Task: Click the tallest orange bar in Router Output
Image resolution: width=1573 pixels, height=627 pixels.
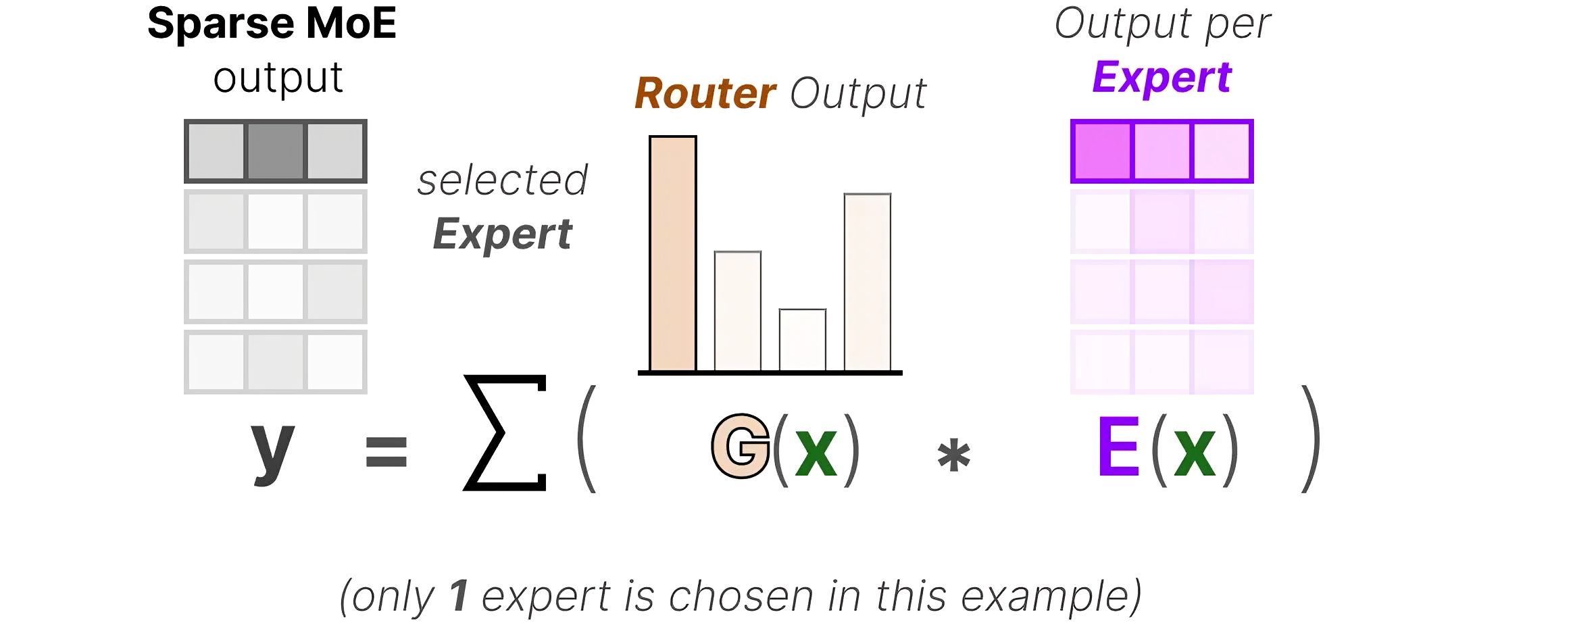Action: click(x=672, y=253)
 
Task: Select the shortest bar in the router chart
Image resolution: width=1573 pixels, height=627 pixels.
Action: click(x=802, y=340)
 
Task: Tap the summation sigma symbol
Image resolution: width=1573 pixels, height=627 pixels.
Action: click(x=505, y=432)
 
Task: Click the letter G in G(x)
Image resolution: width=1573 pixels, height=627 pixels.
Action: click(x=741, y=447)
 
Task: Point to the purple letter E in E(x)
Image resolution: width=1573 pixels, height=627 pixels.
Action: click(x=1119, y=447)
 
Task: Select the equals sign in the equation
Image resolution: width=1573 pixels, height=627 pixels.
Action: click(x=386, y=452)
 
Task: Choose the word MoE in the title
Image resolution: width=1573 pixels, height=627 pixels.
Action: click(x=351, y=23)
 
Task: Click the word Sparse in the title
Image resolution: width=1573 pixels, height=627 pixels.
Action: click(x=221, y=24)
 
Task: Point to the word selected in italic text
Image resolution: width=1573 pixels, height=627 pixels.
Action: click(x=503, y=180)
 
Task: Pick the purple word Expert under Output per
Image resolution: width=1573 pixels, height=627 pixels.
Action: click(x=1162, y=77)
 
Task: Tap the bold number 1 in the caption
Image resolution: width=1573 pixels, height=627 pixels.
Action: click(x=459, y=596)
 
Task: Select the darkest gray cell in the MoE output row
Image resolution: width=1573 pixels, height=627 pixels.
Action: click(x=275, y=151)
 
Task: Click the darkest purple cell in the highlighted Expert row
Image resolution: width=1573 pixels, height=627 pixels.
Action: click(x=1102, y=151)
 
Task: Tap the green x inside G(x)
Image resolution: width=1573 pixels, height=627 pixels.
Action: click(x=816, y=452)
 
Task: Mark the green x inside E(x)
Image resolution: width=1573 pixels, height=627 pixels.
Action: click(x=1194, y=452)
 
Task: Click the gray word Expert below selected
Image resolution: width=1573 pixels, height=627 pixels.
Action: click(x=503, y=234)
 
